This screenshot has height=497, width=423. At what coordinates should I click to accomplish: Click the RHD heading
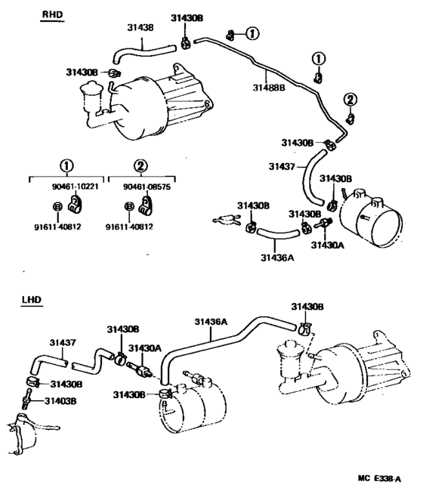click(53, 14)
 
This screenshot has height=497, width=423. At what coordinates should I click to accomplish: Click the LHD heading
click(32, 300)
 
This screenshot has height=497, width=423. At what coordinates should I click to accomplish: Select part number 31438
click(140, 28)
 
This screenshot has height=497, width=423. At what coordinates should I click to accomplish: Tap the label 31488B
click(269, 87)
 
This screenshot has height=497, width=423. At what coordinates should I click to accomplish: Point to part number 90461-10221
click(75, 187)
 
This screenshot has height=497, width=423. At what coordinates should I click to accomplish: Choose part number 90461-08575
click(147, 187)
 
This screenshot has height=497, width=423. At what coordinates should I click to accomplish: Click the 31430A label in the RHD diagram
click(328, 245)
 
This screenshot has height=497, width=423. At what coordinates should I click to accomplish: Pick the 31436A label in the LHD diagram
click(211, 322)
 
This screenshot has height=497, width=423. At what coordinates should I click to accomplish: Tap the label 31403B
click(60, 401)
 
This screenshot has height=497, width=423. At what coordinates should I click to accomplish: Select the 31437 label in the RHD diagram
click(282, 166)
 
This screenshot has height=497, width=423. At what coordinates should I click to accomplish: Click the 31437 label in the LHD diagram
click(63, 343)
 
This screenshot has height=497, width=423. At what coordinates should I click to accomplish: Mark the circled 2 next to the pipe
click(350, 100)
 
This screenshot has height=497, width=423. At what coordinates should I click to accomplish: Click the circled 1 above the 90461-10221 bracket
click(66, 165)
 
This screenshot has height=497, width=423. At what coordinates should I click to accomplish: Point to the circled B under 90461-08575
click(129, 206)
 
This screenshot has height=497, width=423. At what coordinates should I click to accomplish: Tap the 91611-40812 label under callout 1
click(57, 227)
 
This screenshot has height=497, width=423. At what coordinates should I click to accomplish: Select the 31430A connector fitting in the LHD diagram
click(140, 369)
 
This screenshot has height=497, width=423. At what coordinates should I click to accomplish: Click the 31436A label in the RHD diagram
click(277, 258)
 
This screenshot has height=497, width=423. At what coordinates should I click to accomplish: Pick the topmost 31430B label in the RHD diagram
click(187, 18)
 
